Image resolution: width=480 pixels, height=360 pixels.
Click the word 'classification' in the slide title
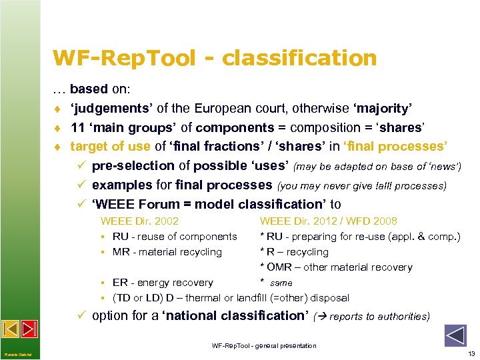[x=299, y=59]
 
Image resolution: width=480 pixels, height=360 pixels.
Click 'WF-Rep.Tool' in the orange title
[x=124, y=59]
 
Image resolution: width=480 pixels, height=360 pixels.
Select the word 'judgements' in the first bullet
[x=111, y=108]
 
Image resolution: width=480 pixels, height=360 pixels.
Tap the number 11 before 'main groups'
[x=77, y=127]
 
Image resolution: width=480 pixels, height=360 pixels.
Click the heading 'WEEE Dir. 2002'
[x=139, y=221]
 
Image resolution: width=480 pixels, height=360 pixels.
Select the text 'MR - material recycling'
[x=167, y=252]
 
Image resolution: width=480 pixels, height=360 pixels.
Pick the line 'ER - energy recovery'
[x=163, y=283]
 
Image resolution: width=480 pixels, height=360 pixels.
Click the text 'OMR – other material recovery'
[x=336, y=267]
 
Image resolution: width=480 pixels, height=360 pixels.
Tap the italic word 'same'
[x=281, y=283]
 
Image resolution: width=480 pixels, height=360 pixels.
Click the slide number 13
[x=471, y=353]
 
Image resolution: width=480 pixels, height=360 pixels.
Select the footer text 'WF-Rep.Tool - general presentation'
[x=264, y=345]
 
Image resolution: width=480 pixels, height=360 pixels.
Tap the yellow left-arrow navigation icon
[x=10, y=329]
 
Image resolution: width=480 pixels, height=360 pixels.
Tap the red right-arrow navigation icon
[x=29, y=329]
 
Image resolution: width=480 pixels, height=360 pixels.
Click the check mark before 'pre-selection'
[x=83, y=165]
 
